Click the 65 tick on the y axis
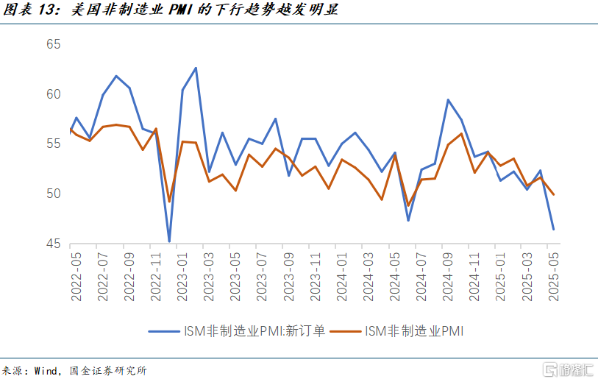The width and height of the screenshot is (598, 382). [x=54, y=44]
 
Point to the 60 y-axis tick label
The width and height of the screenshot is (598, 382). [x=54, y=94]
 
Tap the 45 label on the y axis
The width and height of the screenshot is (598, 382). [x=54, y=244]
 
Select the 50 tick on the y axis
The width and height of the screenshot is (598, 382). [x=54, y=194]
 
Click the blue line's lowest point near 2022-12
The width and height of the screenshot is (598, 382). [x=169, y=241]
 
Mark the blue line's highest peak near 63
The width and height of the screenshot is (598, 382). [x=196, y=68]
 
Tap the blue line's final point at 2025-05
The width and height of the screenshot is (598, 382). [x=553, y=229]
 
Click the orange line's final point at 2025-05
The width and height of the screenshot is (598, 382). [x=553, y=194]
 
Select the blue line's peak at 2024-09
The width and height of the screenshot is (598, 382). [x=448, y=100]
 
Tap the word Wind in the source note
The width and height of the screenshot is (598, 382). [x=48, y=370]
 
